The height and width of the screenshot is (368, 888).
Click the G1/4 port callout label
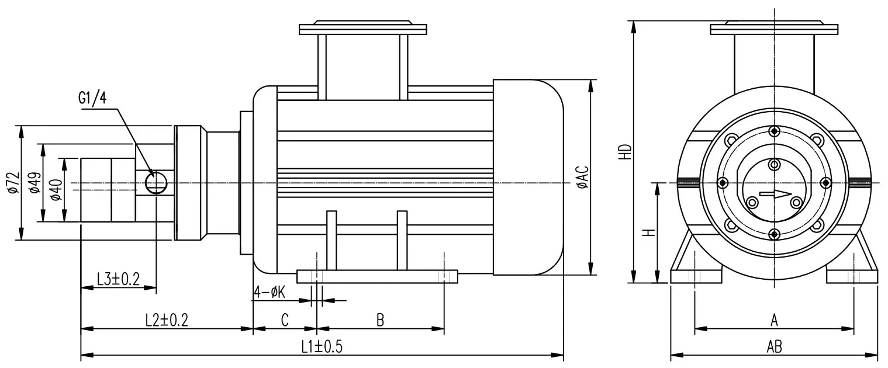(x=92, y=97)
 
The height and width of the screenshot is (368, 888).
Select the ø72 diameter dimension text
(x=13, y=183)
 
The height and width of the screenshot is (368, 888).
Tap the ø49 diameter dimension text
(x=35, y=183)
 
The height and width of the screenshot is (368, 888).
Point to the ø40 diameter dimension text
(x=56, y=190)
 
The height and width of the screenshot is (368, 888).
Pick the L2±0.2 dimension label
(x=167, y=320)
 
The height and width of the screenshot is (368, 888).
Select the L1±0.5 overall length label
(x=322, y=346)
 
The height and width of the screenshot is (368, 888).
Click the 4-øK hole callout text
(x=269, y=292)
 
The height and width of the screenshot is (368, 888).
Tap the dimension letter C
(x=285, y=320)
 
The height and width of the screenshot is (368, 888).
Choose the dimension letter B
(x=380, y=320)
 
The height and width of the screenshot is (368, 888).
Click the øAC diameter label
(x=583, y=176)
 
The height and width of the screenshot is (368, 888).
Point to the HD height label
(x=626, y=151)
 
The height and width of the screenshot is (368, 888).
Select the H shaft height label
(x=648, y=232)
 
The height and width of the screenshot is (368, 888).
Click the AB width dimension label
(x=774, y=347)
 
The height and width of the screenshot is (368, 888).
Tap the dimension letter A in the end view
(x=774, y=320)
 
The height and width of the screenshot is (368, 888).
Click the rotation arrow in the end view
(x=775, y=194)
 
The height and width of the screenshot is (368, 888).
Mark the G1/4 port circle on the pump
(x=156, y=183)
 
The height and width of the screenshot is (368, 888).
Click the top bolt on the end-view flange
(x=774, y=131)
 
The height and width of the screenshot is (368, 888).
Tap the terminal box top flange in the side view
(x=362, y=29)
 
